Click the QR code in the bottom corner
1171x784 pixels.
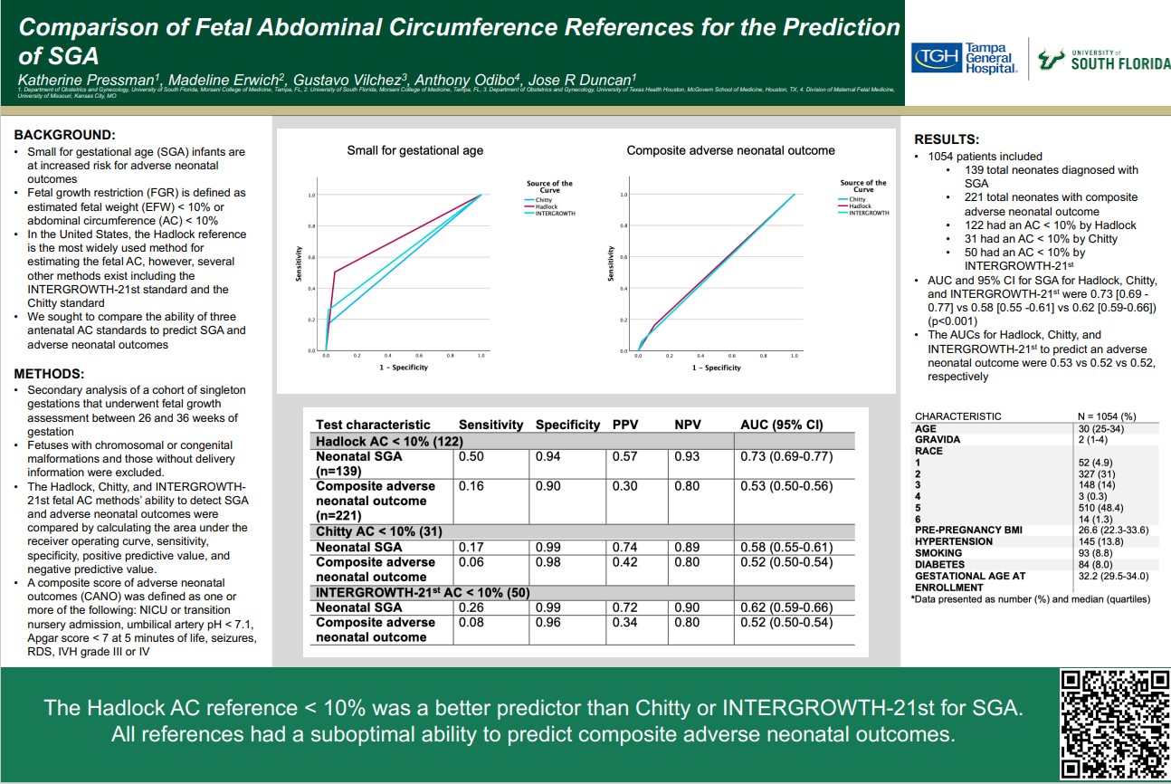tap(1115, 723)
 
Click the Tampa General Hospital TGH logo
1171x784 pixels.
tap(965, 60)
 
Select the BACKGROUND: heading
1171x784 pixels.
tap(64, 134)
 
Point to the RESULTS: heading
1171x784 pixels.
tap(947, 139)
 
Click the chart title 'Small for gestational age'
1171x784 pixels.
tap(415, 150)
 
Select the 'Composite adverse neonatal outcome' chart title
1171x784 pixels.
tap(730, 150)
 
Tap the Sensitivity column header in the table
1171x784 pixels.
tap(490, 425)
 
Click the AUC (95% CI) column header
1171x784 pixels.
tap(782, 425)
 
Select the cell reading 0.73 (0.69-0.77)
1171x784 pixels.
tap(786, 456)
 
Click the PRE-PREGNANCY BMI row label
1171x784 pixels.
tap(968, 530)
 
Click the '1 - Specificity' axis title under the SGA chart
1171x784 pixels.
tap(404, 367)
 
